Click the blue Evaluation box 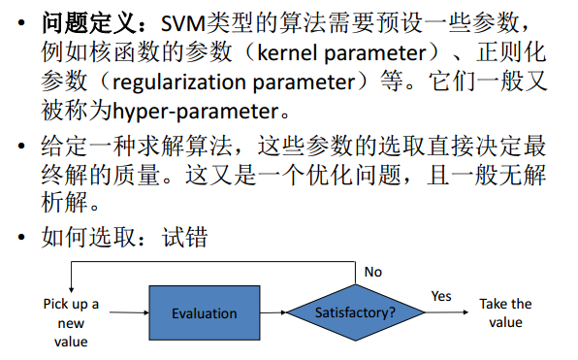pyautogui.click(x=204, y=312)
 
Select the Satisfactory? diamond pyautogui.click(x=356, y=312)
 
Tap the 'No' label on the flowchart pyautogui.click(x=373, y=272)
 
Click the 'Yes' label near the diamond pyautogui.click(x=441, y=296)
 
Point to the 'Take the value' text pyautogui.click(x=505, y=312)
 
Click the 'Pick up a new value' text pyautogui.click(x=72, y=322)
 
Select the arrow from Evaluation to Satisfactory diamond pyautogui.click(x=274, y=312)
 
